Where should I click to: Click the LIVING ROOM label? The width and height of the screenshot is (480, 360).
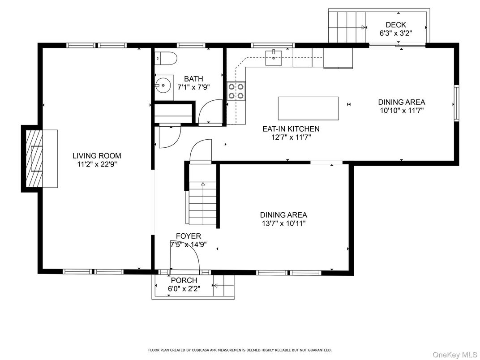coord(97,155)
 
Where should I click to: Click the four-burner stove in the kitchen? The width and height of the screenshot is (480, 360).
coord(236,91)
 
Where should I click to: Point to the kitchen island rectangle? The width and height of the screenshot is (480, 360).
coord(308,108)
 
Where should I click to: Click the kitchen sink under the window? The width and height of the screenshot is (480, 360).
coord(274,58)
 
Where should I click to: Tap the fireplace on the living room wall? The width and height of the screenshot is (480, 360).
coord(39,159)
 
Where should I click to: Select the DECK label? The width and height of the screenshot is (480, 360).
coord(396,25)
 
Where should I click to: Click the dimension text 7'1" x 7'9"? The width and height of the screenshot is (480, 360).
coord(193,87)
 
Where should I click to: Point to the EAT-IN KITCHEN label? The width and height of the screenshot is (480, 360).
coord(291,129)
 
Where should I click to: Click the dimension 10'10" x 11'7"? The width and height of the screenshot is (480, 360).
coord(402,111)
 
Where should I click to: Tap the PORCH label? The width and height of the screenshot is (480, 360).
coord(184,280)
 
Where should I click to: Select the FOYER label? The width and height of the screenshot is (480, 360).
coord(189,236)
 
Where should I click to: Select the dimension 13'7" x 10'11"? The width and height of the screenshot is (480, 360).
coord(283,223)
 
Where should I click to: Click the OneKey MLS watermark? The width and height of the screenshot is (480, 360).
coord(455,355)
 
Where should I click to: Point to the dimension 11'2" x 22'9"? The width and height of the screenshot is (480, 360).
coord(97,164)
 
